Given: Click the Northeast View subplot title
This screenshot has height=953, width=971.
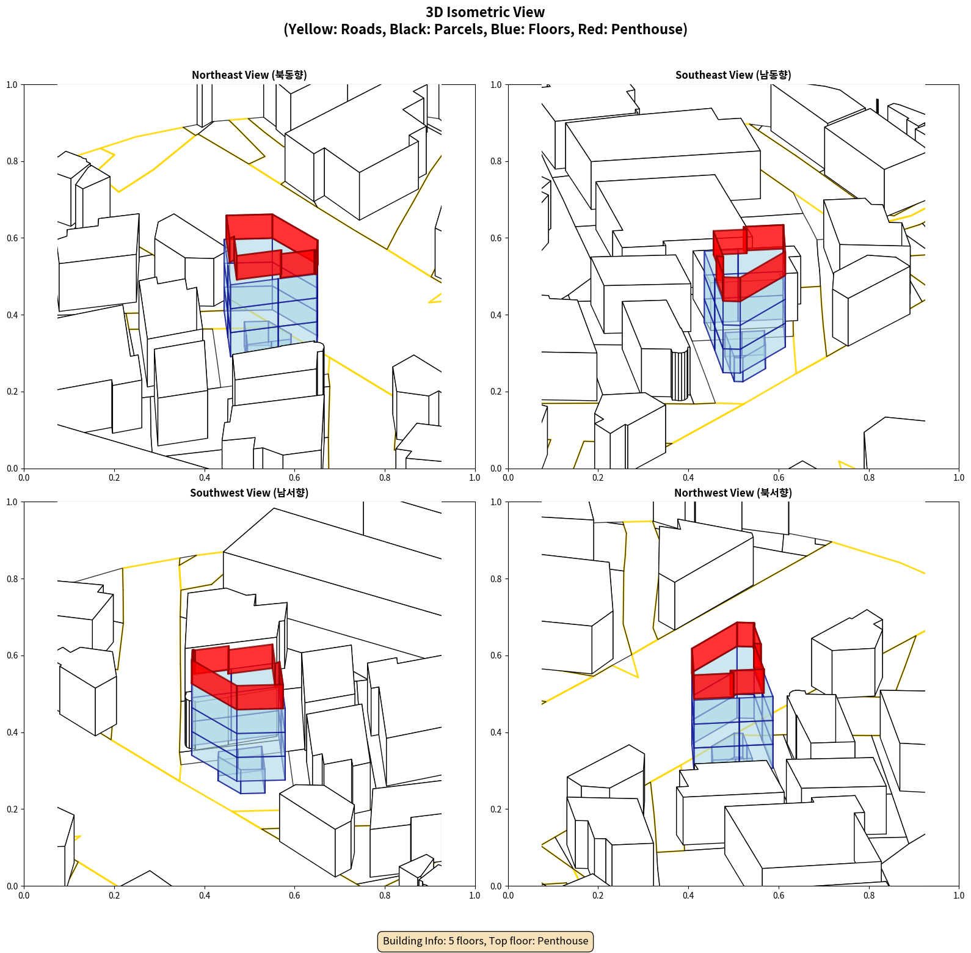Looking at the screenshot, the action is click(249, 75).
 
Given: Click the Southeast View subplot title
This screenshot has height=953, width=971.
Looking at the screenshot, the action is click(733, 75).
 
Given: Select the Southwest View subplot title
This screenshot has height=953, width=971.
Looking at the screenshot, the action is click(249, 493).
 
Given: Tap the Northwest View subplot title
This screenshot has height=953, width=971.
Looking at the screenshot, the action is click(733, 493).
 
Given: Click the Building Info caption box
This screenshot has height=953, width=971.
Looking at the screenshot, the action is click(485, 941).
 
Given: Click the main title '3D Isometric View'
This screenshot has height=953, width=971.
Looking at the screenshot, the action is click(485, 12).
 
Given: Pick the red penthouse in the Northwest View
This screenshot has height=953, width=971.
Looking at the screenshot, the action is click(727, 660).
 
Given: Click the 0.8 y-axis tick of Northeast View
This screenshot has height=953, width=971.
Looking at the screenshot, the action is click(12, 161).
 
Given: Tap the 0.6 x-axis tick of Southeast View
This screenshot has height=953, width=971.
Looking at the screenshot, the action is click(779, 478).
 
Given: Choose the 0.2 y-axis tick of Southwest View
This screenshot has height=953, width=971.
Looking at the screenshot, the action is click(12, 809).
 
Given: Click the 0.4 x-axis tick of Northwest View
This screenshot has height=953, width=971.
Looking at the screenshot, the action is click(688, 896).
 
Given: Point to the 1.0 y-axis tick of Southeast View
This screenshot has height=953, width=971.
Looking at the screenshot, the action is click(496, 84).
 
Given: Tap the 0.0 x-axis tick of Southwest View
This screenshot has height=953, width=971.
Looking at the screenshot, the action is click(24, 896).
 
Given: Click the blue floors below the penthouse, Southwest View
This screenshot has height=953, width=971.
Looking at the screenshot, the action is click(238, 733).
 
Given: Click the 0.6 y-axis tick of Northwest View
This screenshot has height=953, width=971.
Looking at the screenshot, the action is click(496, 655).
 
